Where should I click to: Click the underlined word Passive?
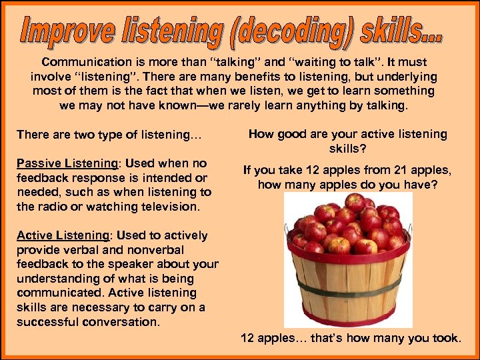pos(37,163)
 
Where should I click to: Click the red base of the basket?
pos(347,319)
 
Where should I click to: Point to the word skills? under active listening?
pos(347,149)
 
